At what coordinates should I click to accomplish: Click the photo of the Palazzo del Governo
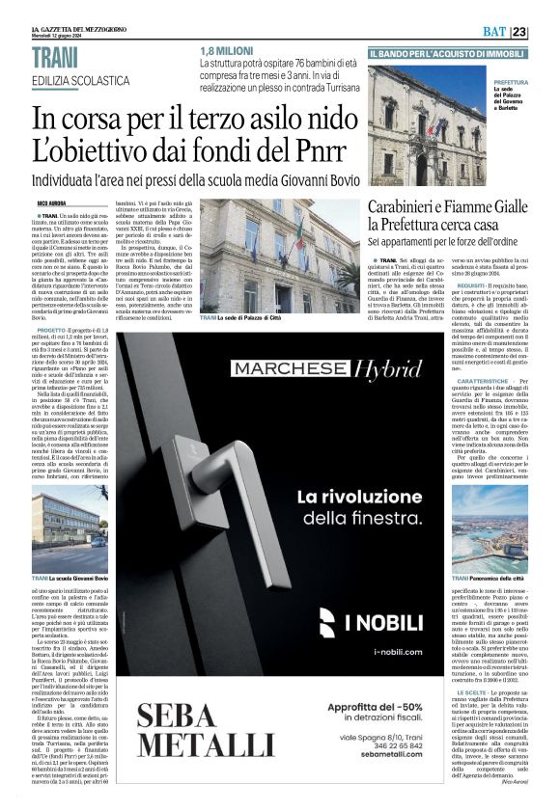tap(429, 125)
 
